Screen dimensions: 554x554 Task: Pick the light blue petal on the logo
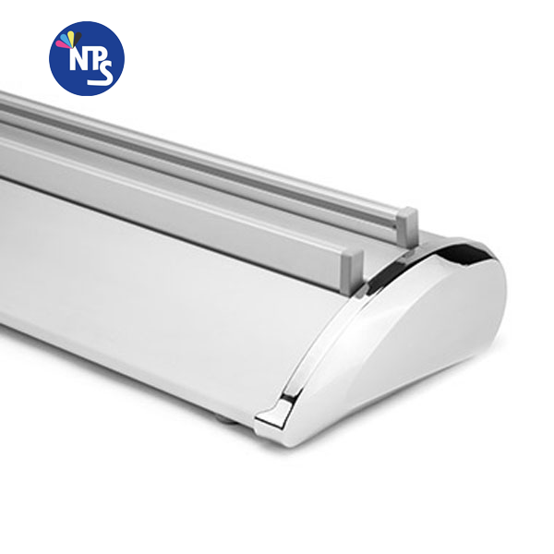65,38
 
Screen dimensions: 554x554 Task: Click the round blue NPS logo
87,58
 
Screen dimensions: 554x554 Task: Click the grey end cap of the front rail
352,266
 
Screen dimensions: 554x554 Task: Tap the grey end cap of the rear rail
406,224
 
